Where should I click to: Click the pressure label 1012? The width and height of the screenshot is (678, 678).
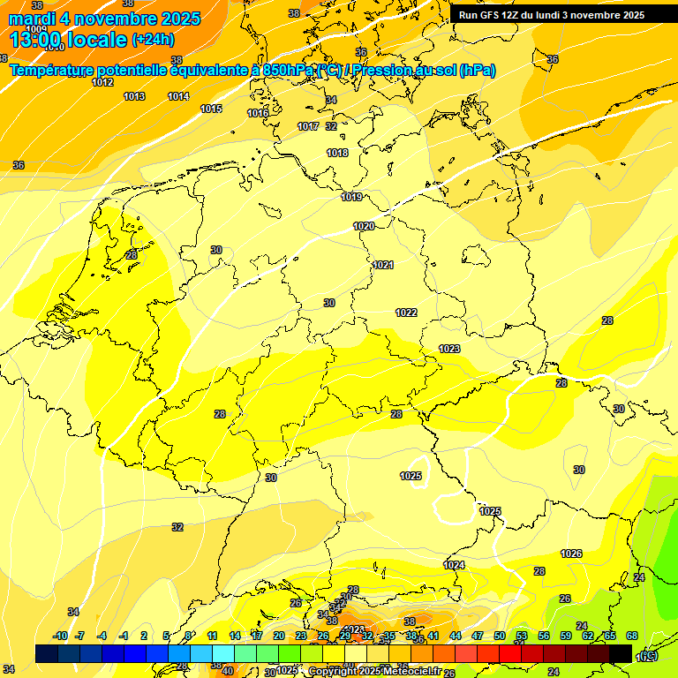tap(102, 82)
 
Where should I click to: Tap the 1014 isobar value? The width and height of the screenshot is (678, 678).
tap(178, 96)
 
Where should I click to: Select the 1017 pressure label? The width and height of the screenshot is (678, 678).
tap(308, 126)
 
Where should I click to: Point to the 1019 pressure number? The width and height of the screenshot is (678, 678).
tap(351, 197)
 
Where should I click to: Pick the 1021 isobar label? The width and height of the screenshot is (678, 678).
tap(382, 265)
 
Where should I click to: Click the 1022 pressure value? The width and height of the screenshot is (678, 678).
tap(406, 313)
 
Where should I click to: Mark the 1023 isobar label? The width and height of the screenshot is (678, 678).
tap(449, 349)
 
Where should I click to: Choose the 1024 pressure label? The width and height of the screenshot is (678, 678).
tap(454, 565)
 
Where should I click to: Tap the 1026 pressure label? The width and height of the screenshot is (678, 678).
tap(571, 554)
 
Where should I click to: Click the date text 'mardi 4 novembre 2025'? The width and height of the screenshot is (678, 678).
tap(104, 19)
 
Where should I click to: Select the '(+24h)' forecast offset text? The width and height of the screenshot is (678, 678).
tap(153, 40)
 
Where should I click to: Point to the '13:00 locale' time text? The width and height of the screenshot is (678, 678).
tap(68, 40)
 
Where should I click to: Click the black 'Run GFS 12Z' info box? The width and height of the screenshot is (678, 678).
tap(552, 15)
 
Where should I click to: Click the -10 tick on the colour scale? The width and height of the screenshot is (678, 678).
tap(60, 636)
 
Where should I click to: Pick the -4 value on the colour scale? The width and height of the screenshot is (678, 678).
tap(102, 636)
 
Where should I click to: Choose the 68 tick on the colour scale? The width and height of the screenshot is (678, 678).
tap(632, 636)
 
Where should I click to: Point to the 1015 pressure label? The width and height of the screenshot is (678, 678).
tap(211, 109)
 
